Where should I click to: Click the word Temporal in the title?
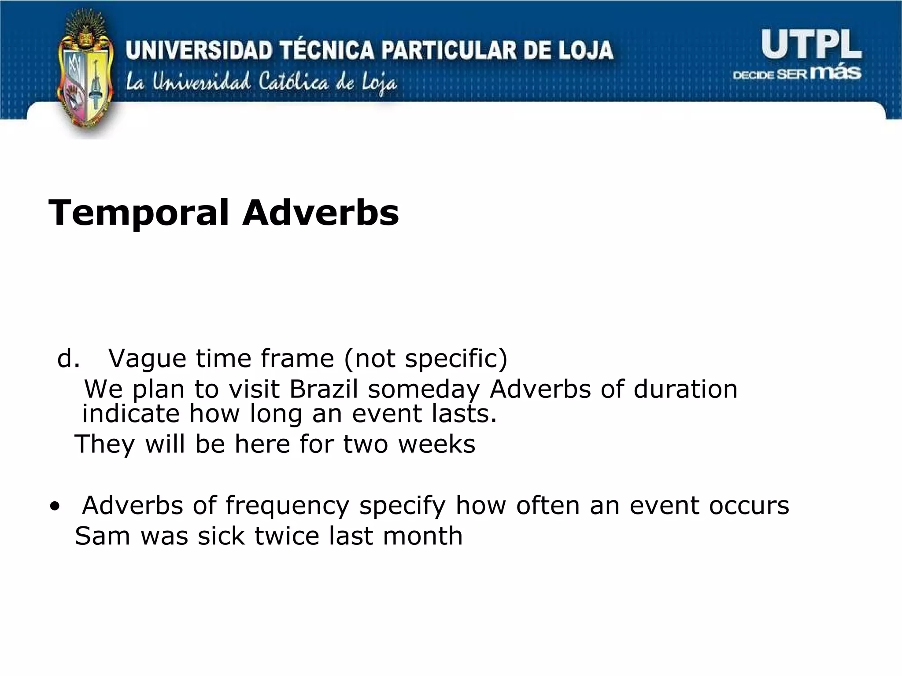point(139,213)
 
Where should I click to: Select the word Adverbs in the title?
point(320,213)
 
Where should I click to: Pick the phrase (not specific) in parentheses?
point(425,359)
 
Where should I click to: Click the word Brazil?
point(323,389)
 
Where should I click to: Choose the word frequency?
point(287,506)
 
